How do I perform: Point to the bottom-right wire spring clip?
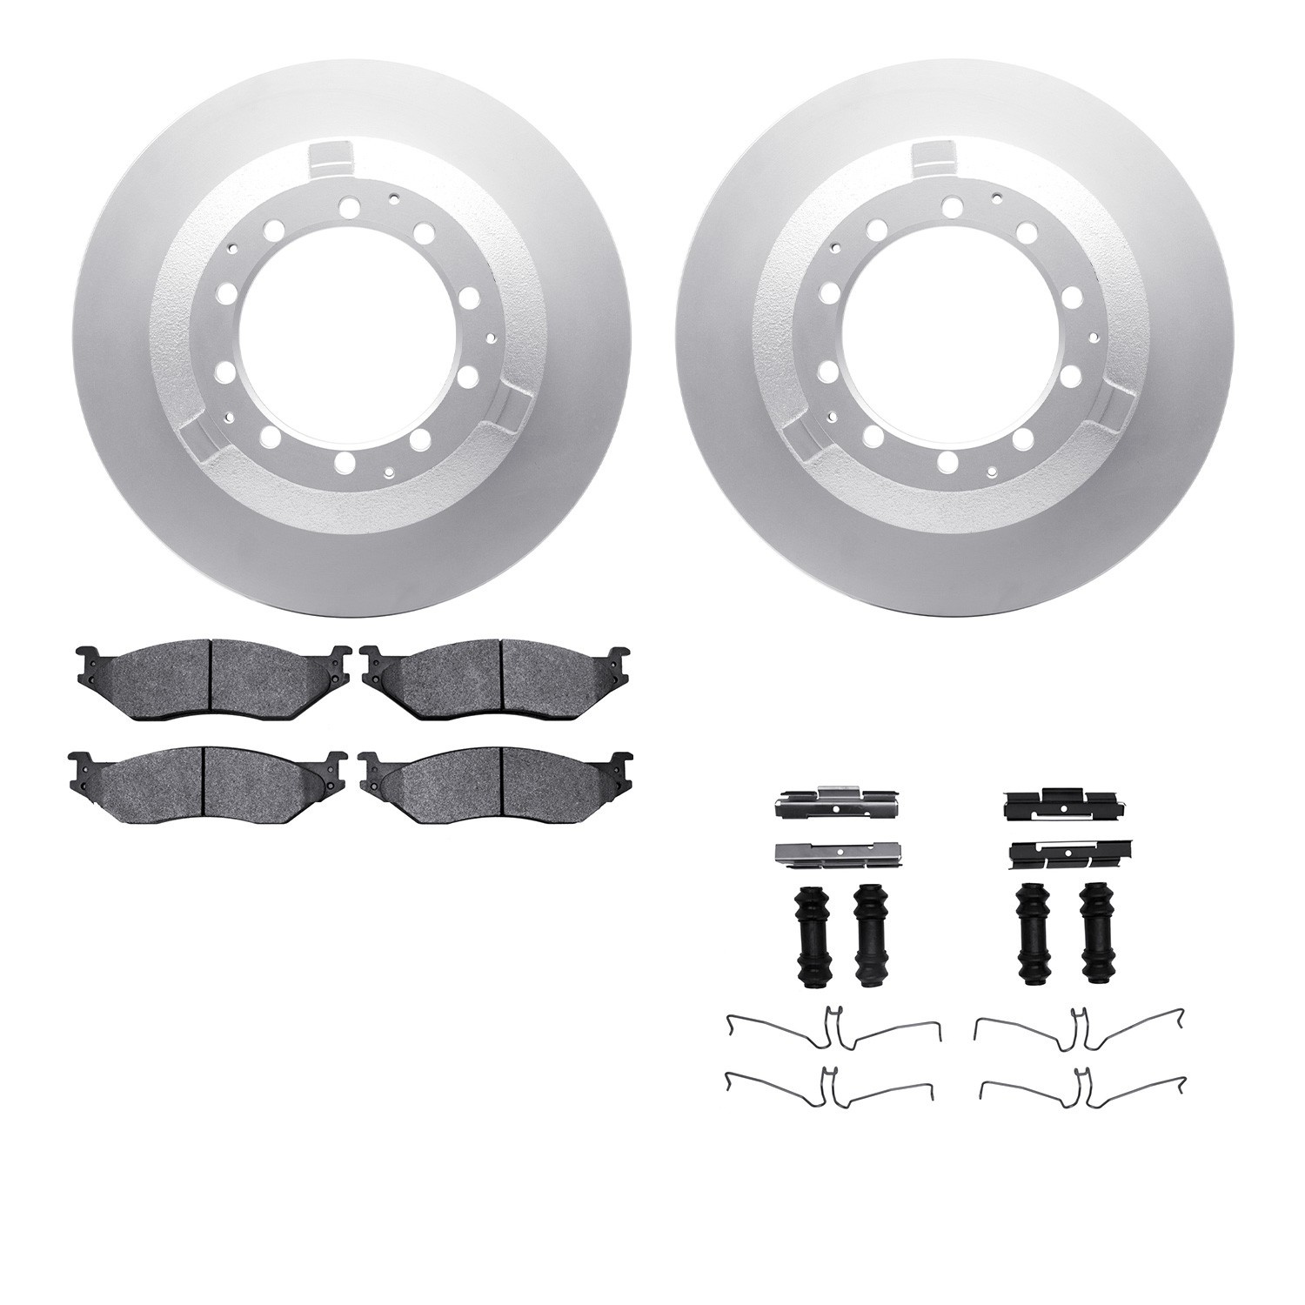point(1079,1087)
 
